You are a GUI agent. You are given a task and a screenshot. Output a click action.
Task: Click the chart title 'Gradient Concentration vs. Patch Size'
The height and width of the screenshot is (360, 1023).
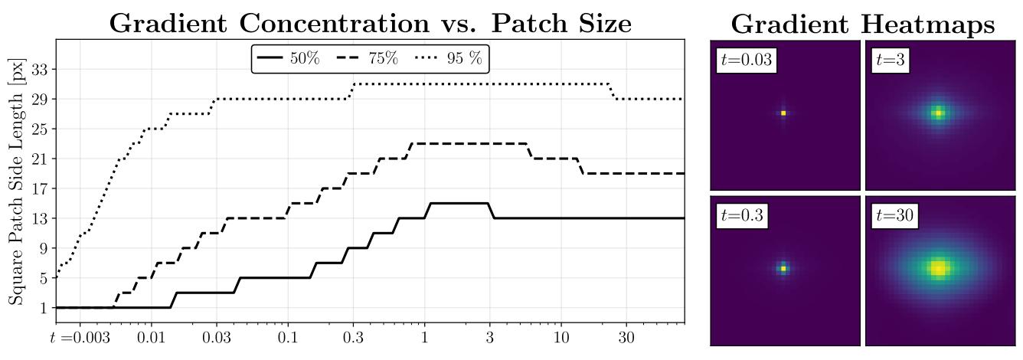tap(370, 23)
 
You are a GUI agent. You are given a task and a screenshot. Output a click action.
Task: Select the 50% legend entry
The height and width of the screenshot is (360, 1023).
tap(289, 59)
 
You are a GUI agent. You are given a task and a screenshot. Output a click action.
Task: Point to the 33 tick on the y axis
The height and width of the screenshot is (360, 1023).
tap(38, 70)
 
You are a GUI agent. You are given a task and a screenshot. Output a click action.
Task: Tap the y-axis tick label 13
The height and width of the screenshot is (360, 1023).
tap(38, 218)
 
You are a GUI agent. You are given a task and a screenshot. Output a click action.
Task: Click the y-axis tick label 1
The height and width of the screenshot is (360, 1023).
tap(42, 308)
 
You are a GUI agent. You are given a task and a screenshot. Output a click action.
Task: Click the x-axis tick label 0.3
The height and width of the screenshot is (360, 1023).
tap(353, 338)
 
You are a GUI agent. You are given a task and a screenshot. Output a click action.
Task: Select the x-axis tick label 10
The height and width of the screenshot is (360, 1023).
tap(561, 338)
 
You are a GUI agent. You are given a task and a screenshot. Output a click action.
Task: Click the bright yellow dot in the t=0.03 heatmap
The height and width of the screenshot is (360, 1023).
tap(783, 113)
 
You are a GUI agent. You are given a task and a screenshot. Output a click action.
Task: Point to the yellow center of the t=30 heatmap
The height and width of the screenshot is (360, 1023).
tap(939, 268)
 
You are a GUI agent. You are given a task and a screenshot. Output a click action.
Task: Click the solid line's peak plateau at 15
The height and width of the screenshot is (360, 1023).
tap(459, 203)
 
